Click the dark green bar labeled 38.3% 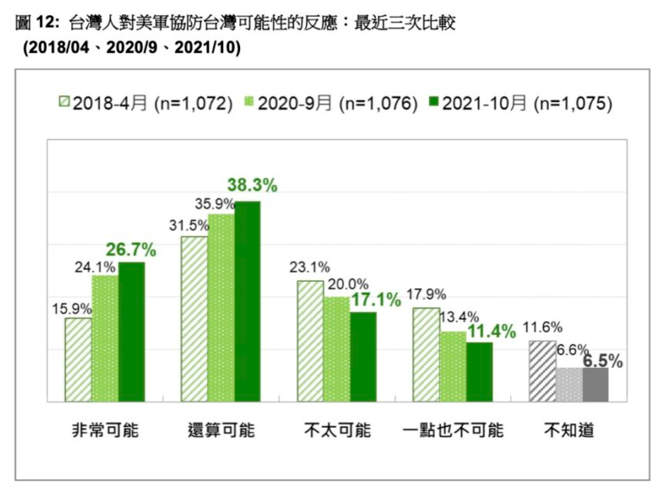248,301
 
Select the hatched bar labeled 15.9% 78,360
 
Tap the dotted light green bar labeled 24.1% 105,338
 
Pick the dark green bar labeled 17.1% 363,357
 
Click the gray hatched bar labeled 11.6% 542,371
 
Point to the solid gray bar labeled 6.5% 595,384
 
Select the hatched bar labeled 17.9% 426,355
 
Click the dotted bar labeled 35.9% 221,308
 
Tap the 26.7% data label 131,251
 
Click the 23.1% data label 310,267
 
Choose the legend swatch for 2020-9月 249,102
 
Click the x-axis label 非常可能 105,431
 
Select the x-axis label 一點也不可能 454,431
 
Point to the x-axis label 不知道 569,431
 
